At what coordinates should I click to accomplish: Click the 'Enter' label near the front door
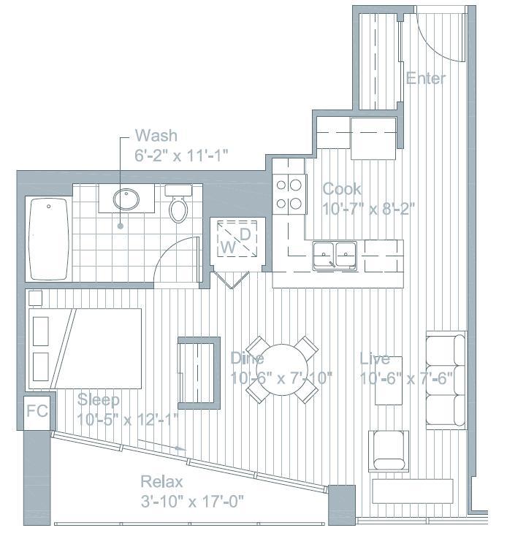(425, 78)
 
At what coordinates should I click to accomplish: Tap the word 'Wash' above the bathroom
(156, 136)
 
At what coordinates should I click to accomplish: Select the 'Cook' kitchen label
(342, 189)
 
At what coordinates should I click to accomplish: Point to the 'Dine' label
(247, 359)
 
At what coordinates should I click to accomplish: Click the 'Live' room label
(375, 359)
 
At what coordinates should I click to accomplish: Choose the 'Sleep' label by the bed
(99, 400)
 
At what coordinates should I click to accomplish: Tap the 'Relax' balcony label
(161, 483)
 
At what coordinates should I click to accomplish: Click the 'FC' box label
(37, 411)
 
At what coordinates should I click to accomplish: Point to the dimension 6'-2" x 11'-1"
(182, 155)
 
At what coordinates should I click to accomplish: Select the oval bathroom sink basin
(127, 199)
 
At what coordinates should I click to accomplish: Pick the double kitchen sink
(335, 256)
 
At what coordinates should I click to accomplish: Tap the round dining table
(282, 369)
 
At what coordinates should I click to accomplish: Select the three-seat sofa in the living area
(446, 380)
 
